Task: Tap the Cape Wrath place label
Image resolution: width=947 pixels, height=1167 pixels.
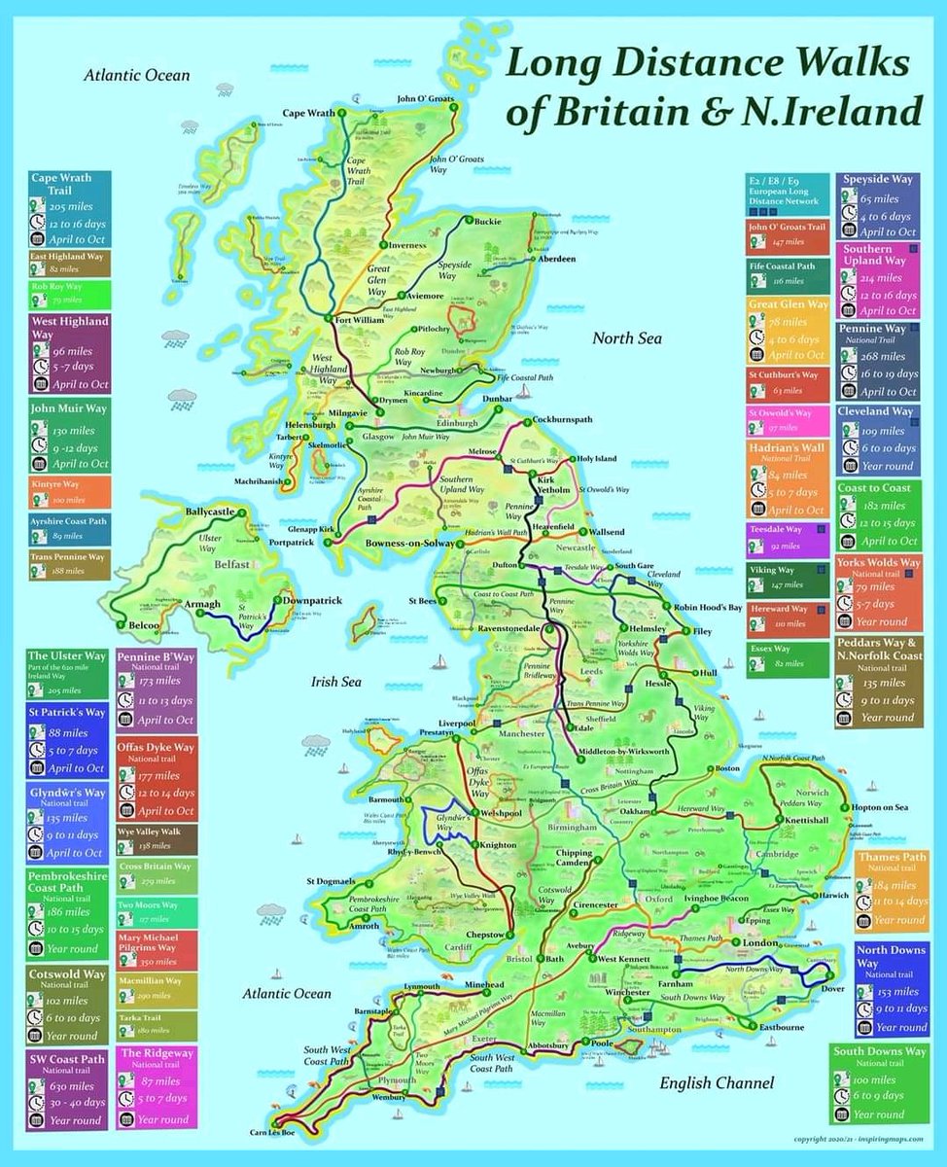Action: (x=308, y=113)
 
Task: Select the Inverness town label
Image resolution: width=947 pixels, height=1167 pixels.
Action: (x=409, y=246)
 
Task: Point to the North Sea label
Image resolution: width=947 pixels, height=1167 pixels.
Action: (x=627, y=337)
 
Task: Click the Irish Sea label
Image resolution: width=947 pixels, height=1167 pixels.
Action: (x=336, y=682)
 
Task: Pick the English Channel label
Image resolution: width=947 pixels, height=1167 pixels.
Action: (x=717, y=1082)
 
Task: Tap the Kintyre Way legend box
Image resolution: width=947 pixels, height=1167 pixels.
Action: (x=68, y=490)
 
